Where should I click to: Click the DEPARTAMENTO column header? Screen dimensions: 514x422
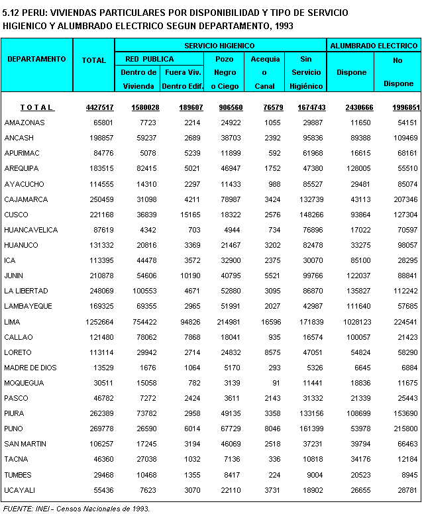point(37,59)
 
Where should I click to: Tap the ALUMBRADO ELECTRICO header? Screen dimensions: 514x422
point(374,46)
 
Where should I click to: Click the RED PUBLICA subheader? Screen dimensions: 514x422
point(150,59)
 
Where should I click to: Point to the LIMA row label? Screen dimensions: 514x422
point(13,322)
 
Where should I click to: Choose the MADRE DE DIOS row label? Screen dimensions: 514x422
point(30,368)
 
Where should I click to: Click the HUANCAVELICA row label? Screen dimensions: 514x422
point(31,230)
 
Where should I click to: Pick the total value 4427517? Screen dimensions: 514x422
point(99,107)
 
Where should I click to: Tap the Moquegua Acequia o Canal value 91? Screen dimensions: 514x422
point(274,383)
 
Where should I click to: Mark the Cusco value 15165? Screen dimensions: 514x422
point(191,215)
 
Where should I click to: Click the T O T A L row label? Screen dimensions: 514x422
point(37,107)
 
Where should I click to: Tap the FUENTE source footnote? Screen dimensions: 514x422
point(77,509)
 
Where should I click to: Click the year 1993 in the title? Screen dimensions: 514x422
point(283,25)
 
